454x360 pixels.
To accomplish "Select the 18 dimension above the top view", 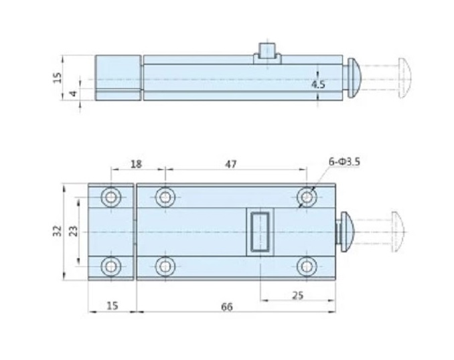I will tap(136, 163).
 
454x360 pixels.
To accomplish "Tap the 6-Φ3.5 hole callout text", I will tap(344, 161).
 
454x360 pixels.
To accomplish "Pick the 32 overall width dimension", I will tap(58, 231).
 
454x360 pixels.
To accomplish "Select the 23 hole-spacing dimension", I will tap(74, 231).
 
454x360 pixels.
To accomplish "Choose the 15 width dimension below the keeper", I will tap(112, 306).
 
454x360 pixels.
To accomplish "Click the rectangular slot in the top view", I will tap(260, 232).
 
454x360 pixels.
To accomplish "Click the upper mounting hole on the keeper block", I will tap(110, 197).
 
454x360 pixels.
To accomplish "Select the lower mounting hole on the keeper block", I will tap(110, 266).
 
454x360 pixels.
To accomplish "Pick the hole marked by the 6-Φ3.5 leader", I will tap(307, 197).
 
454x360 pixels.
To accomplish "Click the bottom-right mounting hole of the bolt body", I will tap(307, 266).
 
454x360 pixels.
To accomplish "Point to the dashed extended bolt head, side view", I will tap(404, 77).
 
